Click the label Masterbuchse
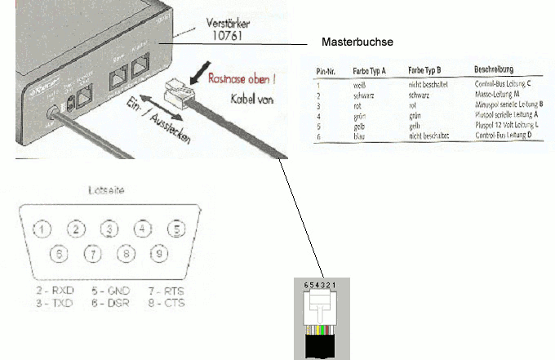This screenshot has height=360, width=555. (x=357, y=42)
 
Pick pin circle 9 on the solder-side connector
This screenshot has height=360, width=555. (x=158, y=255)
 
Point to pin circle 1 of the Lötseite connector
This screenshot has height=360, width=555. (x=42, y=229)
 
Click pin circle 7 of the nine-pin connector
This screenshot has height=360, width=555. (x=91, y=255)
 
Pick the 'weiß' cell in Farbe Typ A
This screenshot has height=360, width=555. (x=359, y=85)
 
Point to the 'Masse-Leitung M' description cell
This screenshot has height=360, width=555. (x=498, y=96)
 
